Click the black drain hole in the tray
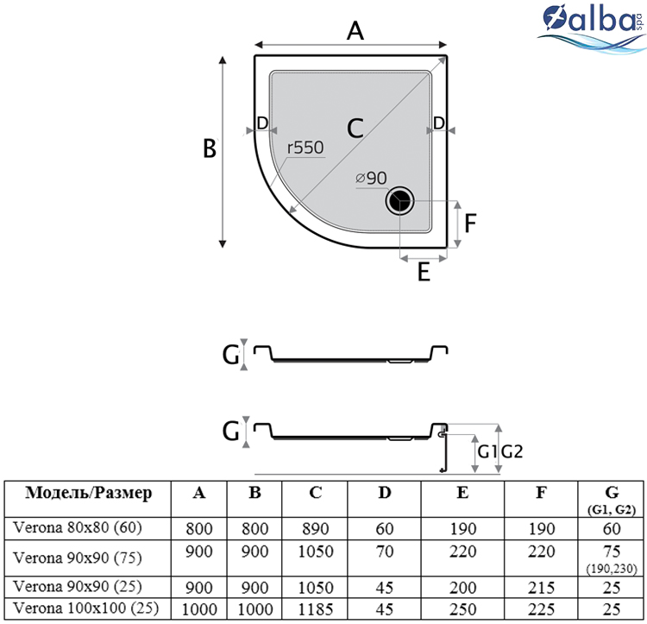(x=399, y=201)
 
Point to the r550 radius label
(x=305, y=148)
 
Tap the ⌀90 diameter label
(x=371, y=179)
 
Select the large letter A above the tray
(x=355, y=31)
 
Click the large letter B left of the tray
(x=210, y=148)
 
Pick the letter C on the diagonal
(x=355, y=128)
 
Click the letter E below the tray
(x=424, y=272)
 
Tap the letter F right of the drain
(x=470, y=224)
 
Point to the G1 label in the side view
(x=487, y=452)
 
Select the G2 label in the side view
(x=512, y=452)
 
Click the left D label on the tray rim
(x=262, y=123)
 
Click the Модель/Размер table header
(x=89, y=493)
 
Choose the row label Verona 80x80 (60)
(x=78, y=527)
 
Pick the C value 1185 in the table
(x=315, y=609)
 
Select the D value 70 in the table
(x=385, y=552)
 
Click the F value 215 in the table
(x=542, y=588)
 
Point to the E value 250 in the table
(x=462, y=609)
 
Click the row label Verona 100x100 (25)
(x=85, y=608)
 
